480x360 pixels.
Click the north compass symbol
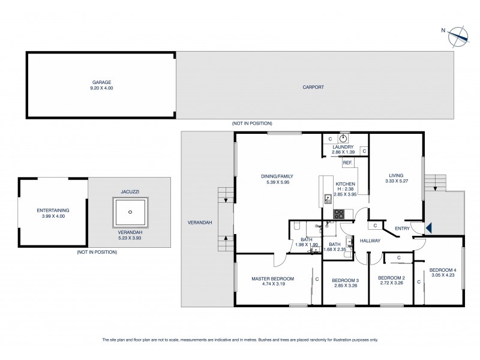pyautogui.click(x=458, y=34)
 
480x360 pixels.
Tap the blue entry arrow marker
pyautogui.click(x=428, y=227)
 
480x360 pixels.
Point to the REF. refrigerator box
pyautogui.click(x=347, y=163)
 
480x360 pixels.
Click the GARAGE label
pyautogui.click(x=102, y=82)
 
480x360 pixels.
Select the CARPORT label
pyautogui.click(x=313, y=87)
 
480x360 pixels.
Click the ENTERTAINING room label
pyautogui.click(x=53, y=210)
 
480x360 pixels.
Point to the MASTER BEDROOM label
pyautogui.click(x=273, y=278)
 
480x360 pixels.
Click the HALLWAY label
pyautogui.click(x=370, y=241)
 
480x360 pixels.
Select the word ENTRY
pyautogui.click(x=403, y=227)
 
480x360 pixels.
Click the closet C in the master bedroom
pyautogui.click(x=316, y=278)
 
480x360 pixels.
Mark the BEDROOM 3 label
pyautogui.click(x=345, y=280)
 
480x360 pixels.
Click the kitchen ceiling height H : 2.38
pyautogui.click(x=345, y=190)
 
